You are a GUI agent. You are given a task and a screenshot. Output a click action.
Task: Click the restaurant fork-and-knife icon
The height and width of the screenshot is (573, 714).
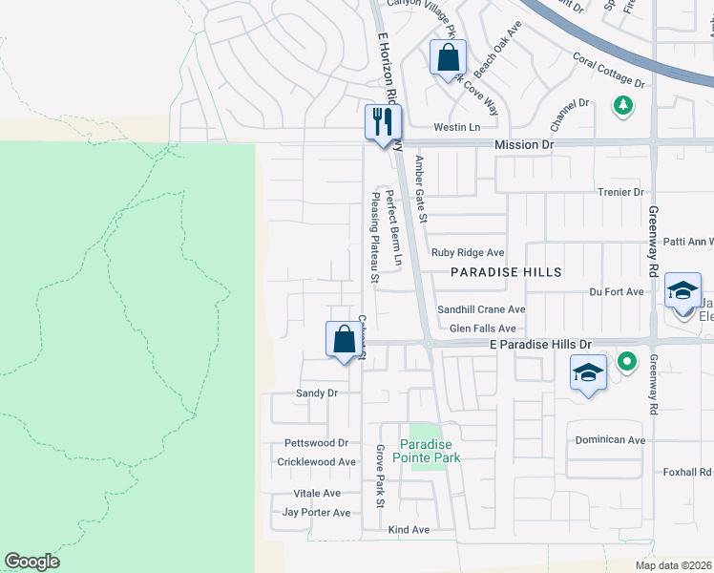tap(383, 123)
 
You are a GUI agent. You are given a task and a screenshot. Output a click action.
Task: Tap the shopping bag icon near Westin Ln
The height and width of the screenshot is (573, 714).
tap(448, 59)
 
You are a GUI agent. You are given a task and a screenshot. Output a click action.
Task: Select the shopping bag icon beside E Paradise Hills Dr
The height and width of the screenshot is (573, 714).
tap(344, 340)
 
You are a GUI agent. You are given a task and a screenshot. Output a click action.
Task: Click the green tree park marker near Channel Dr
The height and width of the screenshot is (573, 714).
tap(623, 104)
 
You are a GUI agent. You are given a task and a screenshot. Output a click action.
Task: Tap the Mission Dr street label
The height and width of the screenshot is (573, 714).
tap(524, 143)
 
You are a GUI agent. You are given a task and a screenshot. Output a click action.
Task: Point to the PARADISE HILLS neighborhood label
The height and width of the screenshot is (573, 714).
tap(506, 272)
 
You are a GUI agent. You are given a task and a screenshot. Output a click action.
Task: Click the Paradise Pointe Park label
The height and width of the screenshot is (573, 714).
tap(430, 451)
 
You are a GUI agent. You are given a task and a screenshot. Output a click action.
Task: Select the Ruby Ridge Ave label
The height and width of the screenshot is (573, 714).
tap(467, 253)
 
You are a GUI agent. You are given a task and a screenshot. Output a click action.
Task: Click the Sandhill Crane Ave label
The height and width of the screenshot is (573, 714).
tap(481, 309)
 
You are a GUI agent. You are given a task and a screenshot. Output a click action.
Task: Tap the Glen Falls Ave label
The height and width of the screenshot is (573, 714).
tap(482, 328)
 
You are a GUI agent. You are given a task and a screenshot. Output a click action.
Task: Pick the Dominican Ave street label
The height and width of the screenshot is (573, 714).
tap(610, 440)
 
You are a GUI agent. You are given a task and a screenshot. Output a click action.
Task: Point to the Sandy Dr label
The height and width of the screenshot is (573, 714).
tap(317, 393)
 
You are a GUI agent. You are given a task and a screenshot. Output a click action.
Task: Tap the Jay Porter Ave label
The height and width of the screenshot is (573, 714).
tap(317, 512)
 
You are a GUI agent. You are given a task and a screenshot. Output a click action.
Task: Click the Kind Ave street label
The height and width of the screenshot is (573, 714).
tap(409, 529)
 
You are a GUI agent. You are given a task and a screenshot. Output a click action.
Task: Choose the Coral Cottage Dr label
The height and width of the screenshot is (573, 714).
tap(609, 70)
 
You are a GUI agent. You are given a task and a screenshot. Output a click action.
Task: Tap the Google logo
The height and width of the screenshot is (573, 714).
tap(31, 562)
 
